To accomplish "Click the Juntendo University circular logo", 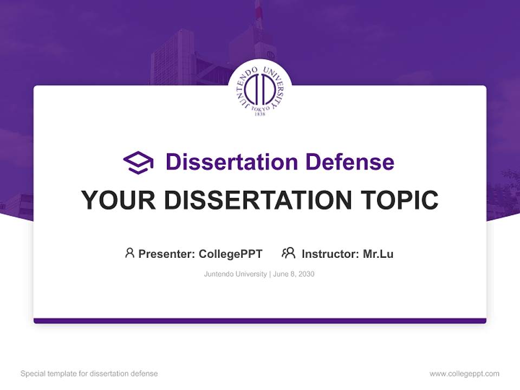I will (x=260, y=90).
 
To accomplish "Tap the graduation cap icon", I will (x=138, y=162).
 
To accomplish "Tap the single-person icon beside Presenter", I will (x=129, y=253).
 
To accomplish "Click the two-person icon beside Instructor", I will (x=288, y=253).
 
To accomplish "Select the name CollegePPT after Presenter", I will (x=230, y=253).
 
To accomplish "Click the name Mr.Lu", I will (x=378, y=253).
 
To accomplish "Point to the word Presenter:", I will (x=167, y=253).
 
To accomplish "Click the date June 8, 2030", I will (x=294, y=274).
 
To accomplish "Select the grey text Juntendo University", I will (x=235, y=274).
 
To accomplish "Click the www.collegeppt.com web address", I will (x=464, y=374).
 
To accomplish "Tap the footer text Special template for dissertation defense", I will (x=89, y=374).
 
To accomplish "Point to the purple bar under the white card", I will (x=260, y=321).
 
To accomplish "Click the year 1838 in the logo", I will (x=260, y=114).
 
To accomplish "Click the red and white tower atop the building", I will (x=259, y=14).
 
